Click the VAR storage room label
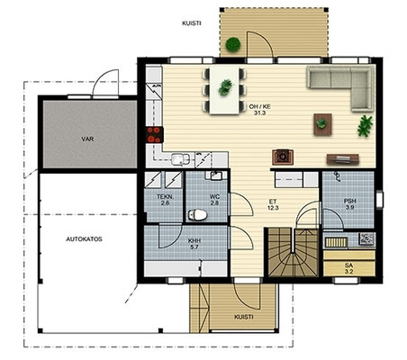(x=87, y=139)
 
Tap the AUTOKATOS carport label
(x=84, y=239)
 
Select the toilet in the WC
(x=198, y=215)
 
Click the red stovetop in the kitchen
(x=155, y=135)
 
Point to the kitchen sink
(x=180, y=159)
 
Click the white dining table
(x=224, y=90)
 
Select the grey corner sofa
(x=340, y=89)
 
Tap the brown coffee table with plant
(x=322, y=124)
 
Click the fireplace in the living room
(x=283, y=157)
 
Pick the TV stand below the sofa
(x=343, y=159)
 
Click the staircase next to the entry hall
(x=293, y=252)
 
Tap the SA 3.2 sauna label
(x=348, y=269)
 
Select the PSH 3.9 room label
(x=350, y=204)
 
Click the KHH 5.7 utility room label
(x=194, y=244)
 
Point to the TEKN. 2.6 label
(x=165, y=200)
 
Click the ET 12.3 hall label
(x=273, y=204)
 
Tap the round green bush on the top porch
(x=233, y=45)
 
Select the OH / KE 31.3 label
(x=259, y=110)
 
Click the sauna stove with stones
(x=366, y=238)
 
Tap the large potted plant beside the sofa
(x=365, y=126)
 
